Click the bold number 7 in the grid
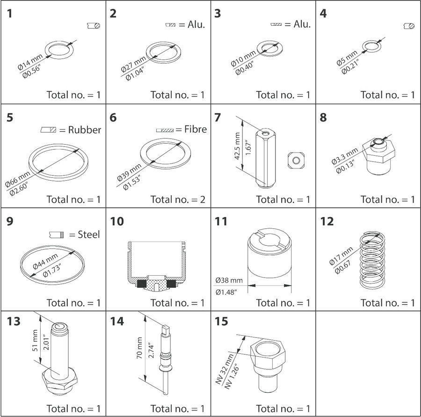click(x=218, y=117)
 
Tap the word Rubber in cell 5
click(x=85, y=130)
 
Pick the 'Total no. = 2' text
click(x=178, y=199)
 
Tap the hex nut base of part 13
click(x=58, y=380)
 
